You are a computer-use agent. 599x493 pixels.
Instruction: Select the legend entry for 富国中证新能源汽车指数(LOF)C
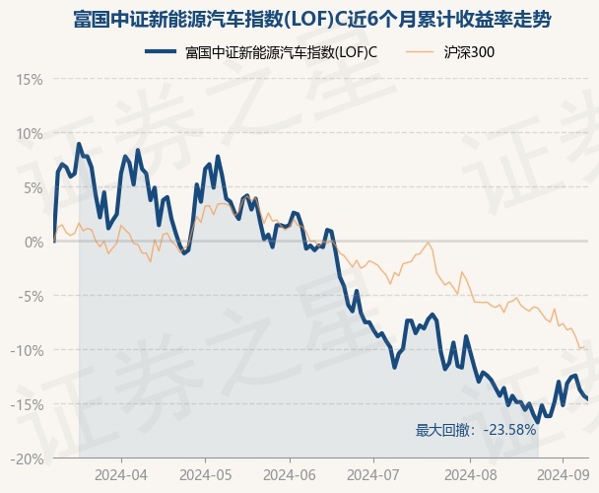point(281,51)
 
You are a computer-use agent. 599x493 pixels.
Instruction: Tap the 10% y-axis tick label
point(30,133)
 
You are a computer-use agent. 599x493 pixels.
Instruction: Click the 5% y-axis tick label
point(33,187)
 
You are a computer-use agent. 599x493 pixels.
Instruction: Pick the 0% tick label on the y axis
point(33,242)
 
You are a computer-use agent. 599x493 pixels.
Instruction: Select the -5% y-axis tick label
point(31,296)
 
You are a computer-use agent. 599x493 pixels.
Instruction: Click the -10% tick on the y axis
point(28,350)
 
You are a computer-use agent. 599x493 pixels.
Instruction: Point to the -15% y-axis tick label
point(28,404)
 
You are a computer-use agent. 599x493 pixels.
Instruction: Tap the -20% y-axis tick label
point(28,458)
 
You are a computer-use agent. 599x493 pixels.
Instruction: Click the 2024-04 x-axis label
point(121,473)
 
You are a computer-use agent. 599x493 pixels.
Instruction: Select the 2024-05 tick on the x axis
point(205,473)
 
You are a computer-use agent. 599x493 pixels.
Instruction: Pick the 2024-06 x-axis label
point(290,473)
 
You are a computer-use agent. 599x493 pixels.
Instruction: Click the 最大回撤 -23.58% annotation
point(476,430)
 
